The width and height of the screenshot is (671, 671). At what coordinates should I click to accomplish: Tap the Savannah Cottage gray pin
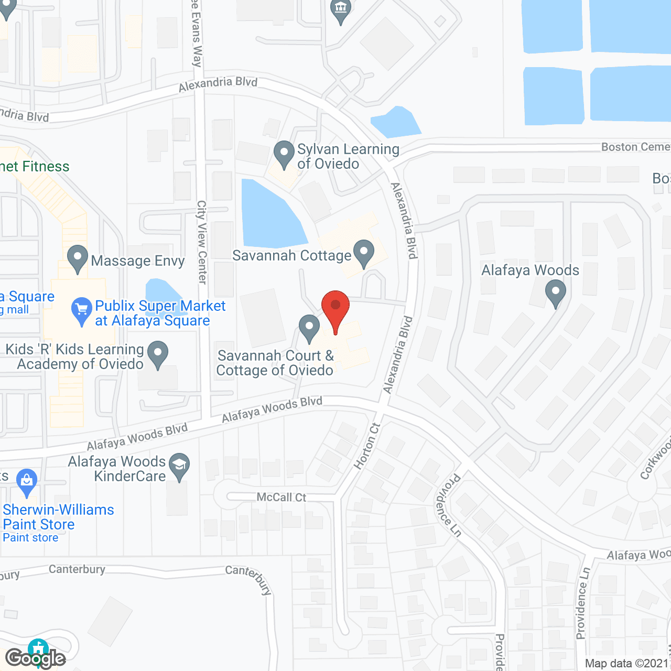tap(363, 253)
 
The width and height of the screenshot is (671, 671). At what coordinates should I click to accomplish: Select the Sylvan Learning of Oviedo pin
tap(284, 154)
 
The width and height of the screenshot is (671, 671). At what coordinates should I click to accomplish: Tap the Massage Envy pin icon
tap(78, 258)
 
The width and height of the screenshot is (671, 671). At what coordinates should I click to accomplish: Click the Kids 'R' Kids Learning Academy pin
tap(157, 354)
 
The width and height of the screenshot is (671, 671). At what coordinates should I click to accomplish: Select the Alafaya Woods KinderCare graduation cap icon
tap(180, 466)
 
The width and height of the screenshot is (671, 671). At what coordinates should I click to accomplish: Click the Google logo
tap(36, 658)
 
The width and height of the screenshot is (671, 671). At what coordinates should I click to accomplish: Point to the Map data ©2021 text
tap(627, 664)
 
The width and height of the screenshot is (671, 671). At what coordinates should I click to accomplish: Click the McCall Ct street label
tap(282, 497)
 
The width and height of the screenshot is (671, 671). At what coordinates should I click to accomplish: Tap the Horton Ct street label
tap(366, 446)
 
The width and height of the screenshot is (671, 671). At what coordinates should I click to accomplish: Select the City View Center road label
tap(202, 242)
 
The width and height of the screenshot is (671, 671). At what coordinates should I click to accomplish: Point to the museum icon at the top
tap(341, 9)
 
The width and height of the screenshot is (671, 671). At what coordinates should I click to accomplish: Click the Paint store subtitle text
tap(30, 538)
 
